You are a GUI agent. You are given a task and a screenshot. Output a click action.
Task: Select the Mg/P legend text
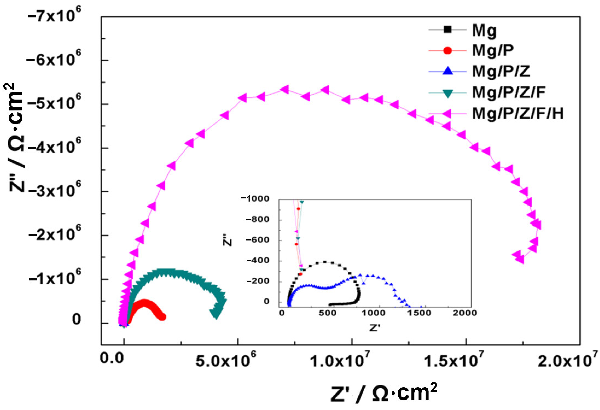(x=493, y=51)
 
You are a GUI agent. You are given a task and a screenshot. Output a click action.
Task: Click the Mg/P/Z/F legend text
(x=509, y=93)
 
